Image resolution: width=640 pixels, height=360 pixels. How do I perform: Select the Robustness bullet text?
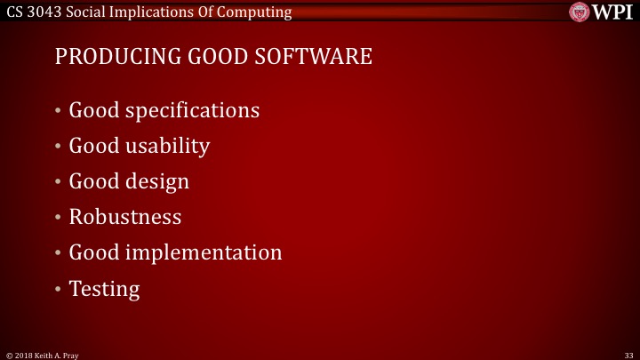(125, 217)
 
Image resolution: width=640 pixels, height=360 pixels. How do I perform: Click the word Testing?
(104, 288)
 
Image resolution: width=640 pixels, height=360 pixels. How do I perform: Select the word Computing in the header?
(256, 12)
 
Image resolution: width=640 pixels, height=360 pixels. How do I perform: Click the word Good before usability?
(93, 146)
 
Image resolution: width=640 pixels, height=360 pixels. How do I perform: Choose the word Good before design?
(93, 181)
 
